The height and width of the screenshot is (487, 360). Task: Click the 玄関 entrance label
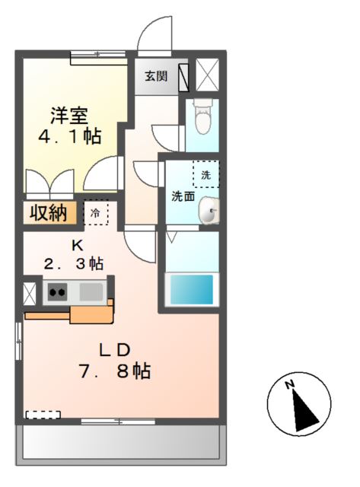(157, 76)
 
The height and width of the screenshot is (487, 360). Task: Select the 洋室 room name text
(69, 116)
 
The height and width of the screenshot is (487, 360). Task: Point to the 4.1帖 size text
(69, 137)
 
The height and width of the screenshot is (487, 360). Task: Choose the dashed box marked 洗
(205, 174)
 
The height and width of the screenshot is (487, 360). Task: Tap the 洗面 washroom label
(183, 196)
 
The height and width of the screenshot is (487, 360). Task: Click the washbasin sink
(209, 215)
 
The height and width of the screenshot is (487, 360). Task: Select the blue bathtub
(192, 289)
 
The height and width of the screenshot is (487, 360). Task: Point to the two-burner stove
(58, 291)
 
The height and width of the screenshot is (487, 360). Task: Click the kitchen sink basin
(91, 291)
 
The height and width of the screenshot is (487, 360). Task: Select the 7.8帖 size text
(116, 371)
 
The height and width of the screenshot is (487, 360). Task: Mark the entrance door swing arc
(155, 33)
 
